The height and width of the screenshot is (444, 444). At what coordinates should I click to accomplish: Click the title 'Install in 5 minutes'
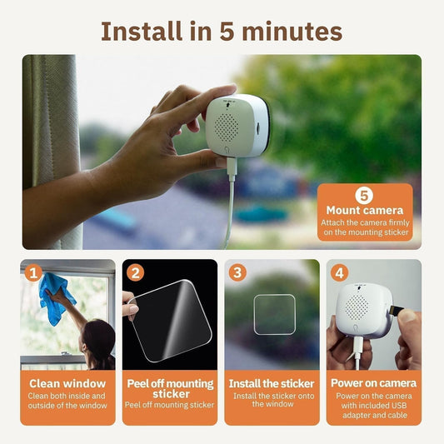click(222, 31)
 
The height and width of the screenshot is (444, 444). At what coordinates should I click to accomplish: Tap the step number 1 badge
click(33, 272)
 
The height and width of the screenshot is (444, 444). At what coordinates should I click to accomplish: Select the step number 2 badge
click(137, 272)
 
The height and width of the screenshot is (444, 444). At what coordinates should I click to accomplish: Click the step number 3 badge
click(238, 272)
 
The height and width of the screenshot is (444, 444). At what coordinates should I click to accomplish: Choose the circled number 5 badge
click(364, 195)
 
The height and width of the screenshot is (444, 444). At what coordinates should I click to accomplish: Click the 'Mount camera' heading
click(364, 211)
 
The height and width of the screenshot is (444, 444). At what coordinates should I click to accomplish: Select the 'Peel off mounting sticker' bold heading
click(170, 388)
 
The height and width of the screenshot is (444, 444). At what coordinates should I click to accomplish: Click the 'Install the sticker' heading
click(272, 383)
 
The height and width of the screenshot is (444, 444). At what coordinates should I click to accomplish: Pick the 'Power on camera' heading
click(373, 383)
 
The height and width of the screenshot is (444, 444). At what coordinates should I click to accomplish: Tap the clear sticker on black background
click(169, 320)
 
